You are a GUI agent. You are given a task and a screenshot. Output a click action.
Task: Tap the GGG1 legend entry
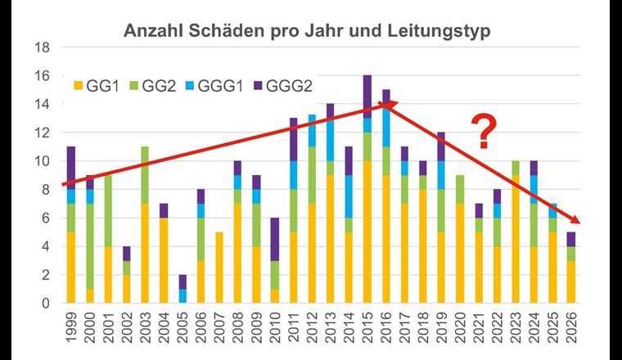(x=229, y=84)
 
